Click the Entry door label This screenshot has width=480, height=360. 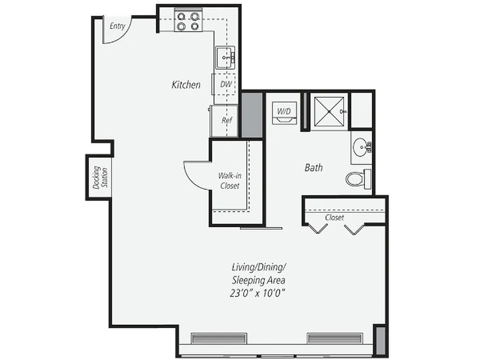117,26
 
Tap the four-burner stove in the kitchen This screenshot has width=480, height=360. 188,22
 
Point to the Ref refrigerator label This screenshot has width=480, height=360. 227,120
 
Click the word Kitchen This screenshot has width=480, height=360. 186,84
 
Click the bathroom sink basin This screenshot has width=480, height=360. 361,147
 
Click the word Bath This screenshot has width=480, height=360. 314,167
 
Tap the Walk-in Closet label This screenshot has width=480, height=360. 229,180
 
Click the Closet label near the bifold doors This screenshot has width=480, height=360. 334,217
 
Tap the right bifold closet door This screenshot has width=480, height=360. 354,229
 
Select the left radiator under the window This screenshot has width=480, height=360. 219,338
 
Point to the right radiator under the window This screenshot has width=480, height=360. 334,338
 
